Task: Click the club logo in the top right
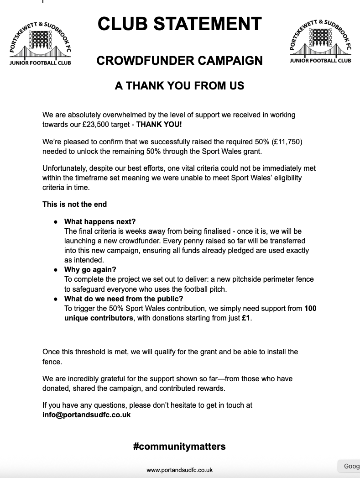(320, 41)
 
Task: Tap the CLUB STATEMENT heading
(180, 24)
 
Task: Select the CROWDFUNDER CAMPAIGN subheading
(180, 60)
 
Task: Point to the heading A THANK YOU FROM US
(179, 85)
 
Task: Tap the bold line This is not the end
(75, 204)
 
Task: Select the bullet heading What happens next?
(100, 222)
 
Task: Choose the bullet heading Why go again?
(90, 270)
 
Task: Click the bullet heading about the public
(124, 299)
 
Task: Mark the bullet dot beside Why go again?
(56, 270)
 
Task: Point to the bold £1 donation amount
(246, 318)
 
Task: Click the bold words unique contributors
(99, 318)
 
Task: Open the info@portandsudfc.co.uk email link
(86, 415)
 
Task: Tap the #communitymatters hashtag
(179, 446)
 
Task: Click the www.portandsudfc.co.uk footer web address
(179, 470)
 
